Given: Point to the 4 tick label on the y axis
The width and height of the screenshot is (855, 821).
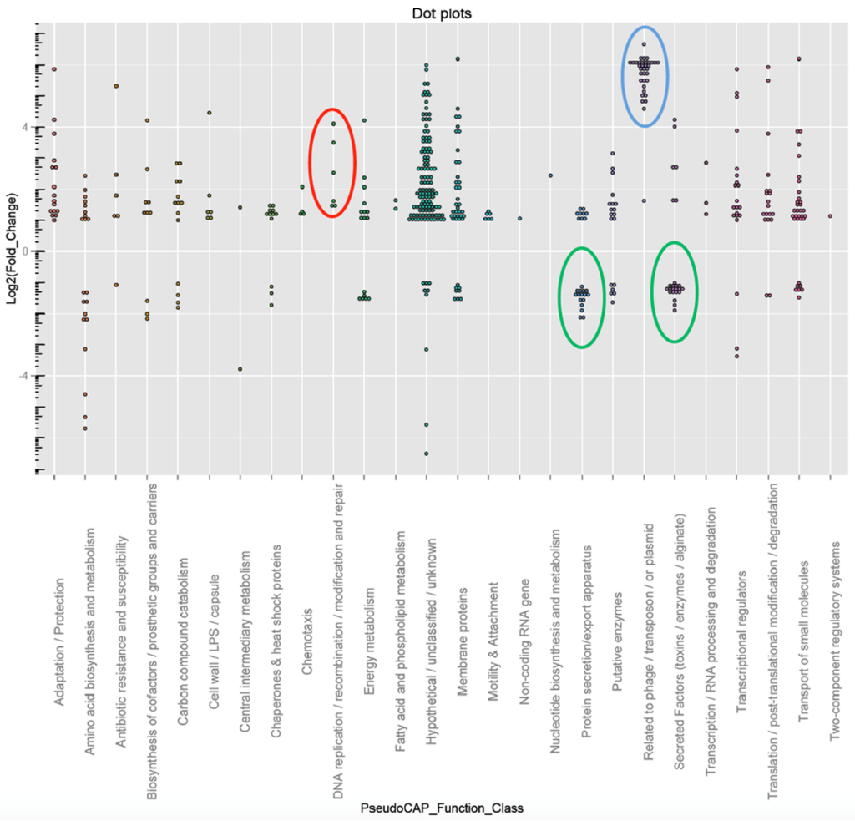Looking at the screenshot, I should tap(25, 127).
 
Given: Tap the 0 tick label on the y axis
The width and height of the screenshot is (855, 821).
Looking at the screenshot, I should tap(25, 251).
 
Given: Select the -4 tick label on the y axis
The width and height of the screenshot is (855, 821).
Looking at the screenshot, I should tap(23, 376).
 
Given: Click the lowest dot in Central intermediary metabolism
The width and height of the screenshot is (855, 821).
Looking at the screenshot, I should tap(240, 369).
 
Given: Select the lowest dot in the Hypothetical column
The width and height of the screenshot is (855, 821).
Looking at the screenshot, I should tap(426, 454).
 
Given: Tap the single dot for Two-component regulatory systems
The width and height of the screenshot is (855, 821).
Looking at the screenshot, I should tap(830, 216).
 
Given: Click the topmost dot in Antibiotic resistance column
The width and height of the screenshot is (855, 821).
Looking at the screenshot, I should tap(116, 86).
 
